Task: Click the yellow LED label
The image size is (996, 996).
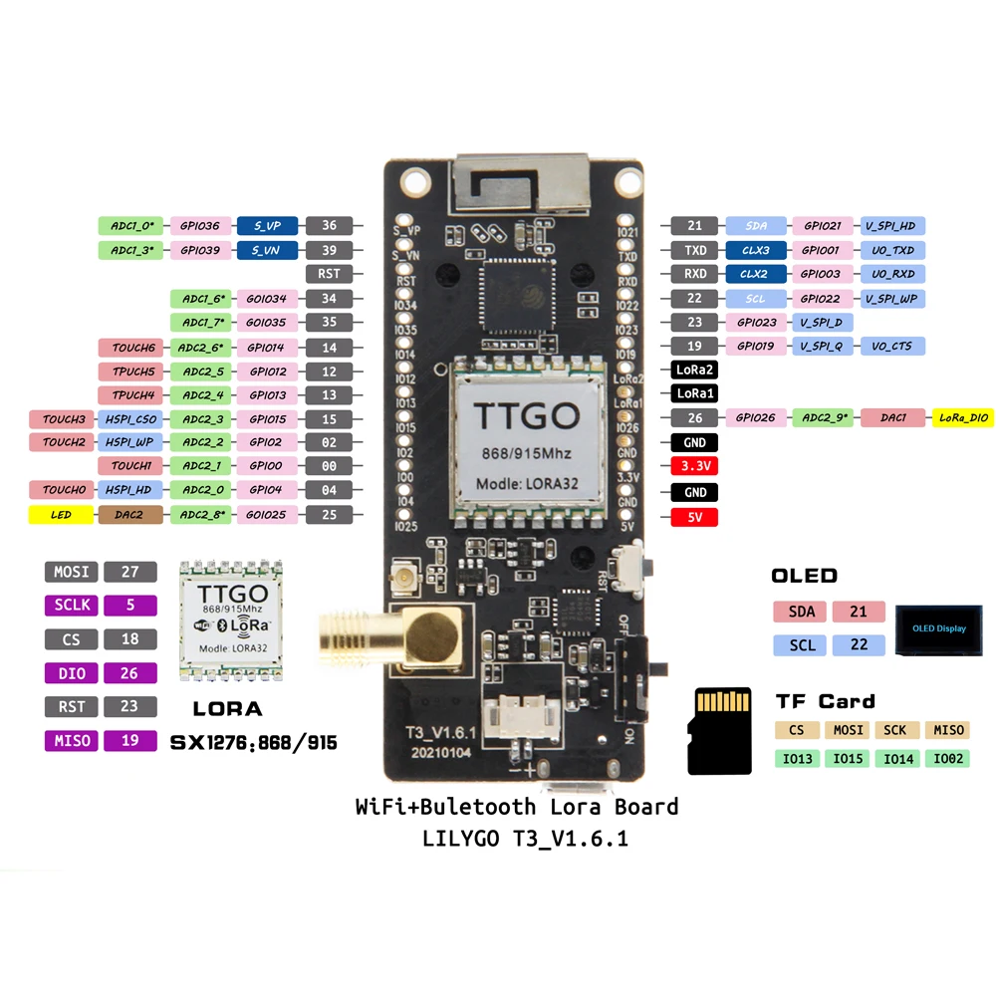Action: [x=62, y=515]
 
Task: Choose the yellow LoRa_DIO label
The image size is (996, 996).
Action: [x=962, y=418]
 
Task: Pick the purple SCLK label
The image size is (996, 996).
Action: [x=71, y=605]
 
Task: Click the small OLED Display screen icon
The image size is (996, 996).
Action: [x=939, y=628]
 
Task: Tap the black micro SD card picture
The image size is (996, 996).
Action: [x=720, y=730]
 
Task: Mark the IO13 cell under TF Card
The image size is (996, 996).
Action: [x=798, y=759]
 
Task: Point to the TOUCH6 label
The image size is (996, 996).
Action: [x=131, y=348]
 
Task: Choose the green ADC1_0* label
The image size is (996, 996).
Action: [x=131, y=225]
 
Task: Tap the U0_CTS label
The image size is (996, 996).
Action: [x=894, y=347]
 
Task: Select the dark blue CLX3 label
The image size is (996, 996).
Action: [x=755, y=250]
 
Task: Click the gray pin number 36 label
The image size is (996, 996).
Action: [x=329, y=225]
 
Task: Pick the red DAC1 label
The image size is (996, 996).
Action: [x=893, y=418]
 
